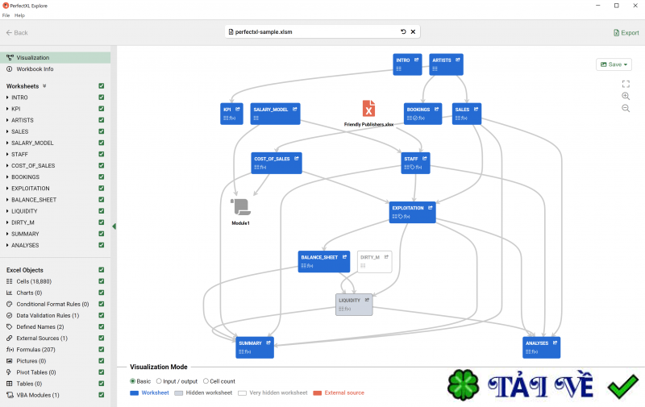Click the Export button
(x=626, y=32)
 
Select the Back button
(x=17, y=32)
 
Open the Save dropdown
(x=614, y=64)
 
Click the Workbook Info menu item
(x=35, y=69)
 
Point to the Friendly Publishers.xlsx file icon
(x=368, y=109)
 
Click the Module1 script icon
(x=240, y=207)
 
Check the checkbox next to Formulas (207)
(x=101, y=350)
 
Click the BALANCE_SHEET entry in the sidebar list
(x=34, y=199)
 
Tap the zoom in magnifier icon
(x=626, y=96)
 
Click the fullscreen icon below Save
(x=626, y=84)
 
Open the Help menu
(x=20, y=15)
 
